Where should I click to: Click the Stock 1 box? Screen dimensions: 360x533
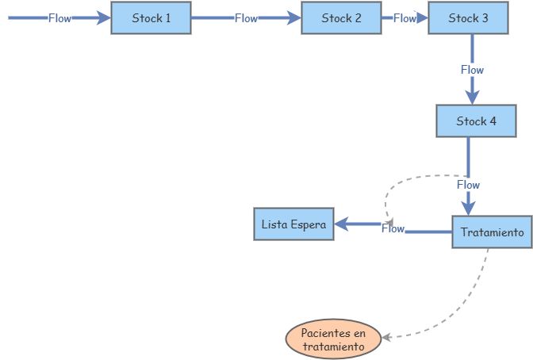click(x=151, y=17)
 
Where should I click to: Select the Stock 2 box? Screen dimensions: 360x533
click(x=341, y=17)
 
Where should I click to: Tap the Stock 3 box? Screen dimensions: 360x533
click(x=468, y=17)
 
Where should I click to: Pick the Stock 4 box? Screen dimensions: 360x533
click(x=476, y=121)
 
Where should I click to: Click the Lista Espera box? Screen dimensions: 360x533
click(x=293, y=224)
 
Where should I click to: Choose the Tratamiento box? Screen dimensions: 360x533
click(x=492, y=232)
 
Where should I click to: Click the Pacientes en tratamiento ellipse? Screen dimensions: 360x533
click(x=332, y=339)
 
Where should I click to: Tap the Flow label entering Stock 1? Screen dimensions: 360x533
click(x=59, y=18)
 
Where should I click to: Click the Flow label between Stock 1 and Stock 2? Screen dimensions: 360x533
click(x=246, y=18)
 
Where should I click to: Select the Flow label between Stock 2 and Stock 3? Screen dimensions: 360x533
click(x=405, y=18)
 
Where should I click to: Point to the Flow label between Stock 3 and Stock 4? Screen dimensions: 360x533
click(x=472, y=70)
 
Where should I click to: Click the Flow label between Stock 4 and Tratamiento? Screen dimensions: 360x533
click(x=468, y=185)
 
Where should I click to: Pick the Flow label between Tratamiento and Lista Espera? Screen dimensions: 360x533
click(x=393, y=228)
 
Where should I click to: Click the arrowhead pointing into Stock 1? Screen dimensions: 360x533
click(x=103, y=17)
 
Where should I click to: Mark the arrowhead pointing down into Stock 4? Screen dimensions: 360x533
click(x=472, y=97)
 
